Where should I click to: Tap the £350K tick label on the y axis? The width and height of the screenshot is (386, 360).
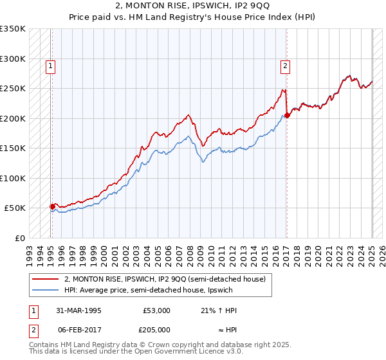(13, 29)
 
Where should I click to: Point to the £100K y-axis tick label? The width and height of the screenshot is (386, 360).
(13, 178)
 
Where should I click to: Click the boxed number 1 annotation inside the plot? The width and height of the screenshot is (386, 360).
(50, 64)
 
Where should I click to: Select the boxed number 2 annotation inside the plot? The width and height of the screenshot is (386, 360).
(284, 64)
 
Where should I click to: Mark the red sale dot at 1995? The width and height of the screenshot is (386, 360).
(52, 206)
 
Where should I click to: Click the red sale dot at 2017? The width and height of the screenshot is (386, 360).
(287, 116)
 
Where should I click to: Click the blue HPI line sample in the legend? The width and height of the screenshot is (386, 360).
(46, 290)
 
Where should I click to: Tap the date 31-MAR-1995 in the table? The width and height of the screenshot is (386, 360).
(79, 310)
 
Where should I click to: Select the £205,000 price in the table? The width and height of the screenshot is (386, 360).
(156, 329)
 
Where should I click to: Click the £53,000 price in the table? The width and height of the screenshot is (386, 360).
(156, 310)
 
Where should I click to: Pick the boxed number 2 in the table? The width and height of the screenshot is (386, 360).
(33, 329)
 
